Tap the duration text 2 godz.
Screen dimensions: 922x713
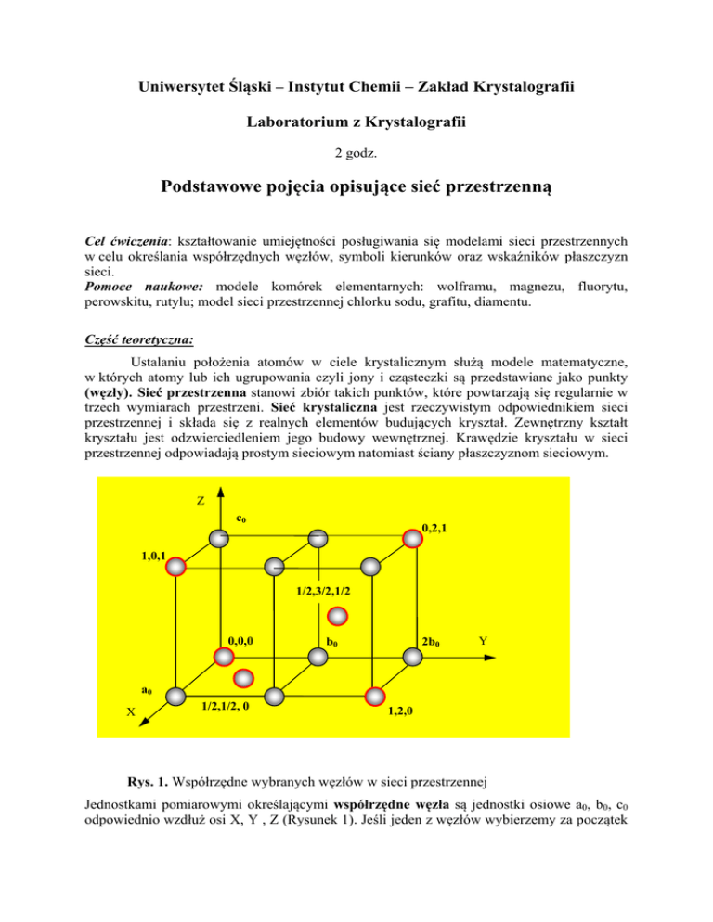pos(356,151)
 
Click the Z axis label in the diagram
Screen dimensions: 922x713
pos(201,501)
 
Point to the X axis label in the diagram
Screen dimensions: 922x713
pos(131,712)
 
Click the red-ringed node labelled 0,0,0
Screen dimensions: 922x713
pos(223,657)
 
